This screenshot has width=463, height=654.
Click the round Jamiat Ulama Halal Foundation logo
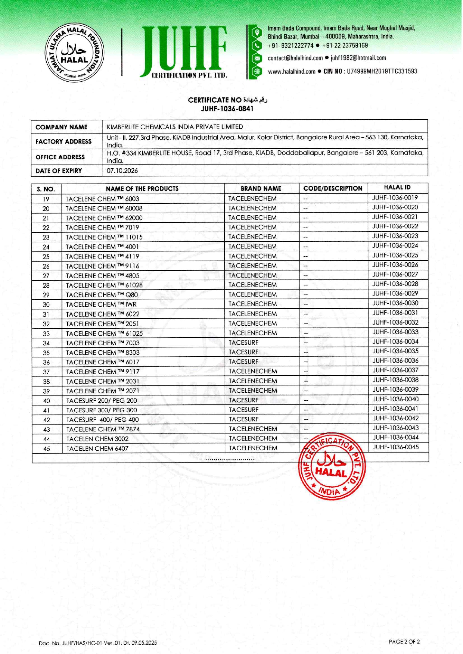(74, 53)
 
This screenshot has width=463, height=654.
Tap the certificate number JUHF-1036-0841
(227, 109)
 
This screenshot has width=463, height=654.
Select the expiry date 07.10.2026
(122, 170)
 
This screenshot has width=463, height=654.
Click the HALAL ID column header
(397, 188)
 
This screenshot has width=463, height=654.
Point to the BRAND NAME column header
(261, 188)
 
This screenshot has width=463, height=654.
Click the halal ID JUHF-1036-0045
(396, 447)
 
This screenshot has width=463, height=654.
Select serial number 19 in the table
(46, 199)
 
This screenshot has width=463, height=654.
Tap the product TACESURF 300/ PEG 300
(102, 410)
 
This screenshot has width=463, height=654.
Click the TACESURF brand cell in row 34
(243, 342)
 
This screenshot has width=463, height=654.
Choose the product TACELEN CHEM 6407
(97, 448)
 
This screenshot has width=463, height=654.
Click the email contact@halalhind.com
(295, 58)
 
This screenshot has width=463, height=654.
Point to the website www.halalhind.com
(292, 71)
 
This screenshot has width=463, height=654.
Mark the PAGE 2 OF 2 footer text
(404, 642)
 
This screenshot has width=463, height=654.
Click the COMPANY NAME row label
(61, 127)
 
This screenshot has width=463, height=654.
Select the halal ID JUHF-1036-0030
(395, 303)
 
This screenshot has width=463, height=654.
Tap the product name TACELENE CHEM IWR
(101, 304)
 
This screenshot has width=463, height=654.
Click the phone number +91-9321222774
(290, 46)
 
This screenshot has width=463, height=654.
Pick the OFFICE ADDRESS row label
(60, 157)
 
